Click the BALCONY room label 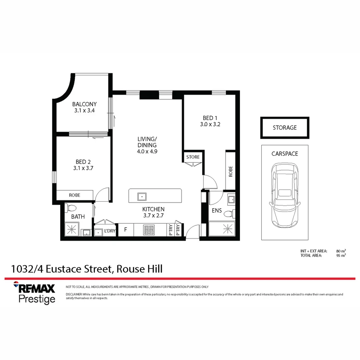click(84, 104)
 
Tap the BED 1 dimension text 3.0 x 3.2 click(210, 124)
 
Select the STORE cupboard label click(193, 157)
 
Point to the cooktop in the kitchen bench click(149, 230)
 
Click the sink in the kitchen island click(142, 197)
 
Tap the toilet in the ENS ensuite click(229, 214)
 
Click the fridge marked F click(126, 230)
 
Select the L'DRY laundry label click(110, 231)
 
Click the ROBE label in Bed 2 click(75, 195)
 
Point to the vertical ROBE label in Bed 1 click(231, 171)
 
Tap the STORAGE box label click(285, 128)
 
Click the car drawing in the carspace click(285, 195)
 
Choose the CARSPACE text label click(285, 154)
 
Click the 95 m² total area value click(341, 255)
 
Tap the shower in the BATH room click(72, 229)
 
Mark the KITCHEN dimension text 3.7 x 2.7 click(153, 216)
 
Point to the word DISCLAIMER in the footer click(74, 294)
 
